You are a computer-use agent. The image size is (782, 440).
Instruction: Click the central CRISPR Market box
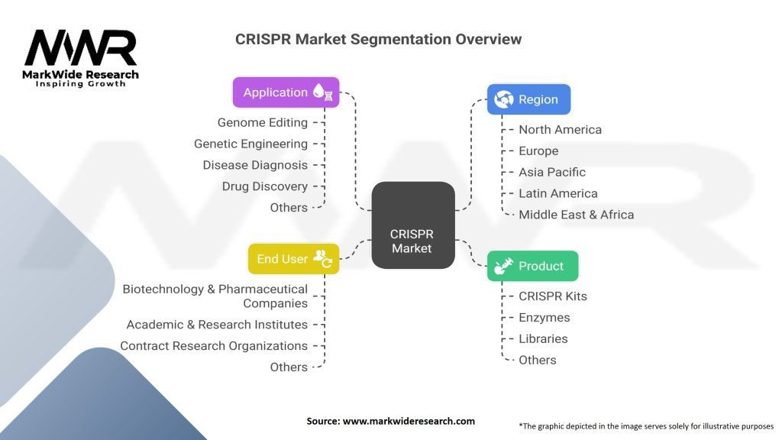pos(412,225)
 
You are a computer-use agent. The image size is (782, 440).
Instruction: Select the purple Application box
pos(286,92)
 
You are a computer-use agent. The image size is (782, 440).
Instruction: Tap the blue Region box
pos(528,99)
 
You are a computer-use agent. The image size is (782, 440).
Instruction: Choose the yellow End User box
pos(292,259)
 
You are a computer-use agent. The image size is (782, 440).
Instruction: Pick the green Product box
pos(532,266)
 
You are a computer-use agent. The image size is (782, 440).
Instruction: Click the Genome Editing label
pos(262,122)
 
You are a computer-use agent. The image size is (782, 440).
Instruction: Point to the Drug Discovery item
pos(264,186)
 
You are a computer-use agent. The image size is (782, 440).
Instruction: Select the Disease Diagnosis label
pos(255,165)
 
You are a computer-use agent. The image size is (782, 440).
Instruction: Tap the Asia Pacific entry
pos(551,172)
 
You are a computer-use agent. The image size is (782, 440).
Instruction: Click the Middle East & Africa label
pos(576,215)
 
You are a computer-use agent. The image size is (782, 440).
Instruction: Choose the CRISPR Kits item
pos(552,296)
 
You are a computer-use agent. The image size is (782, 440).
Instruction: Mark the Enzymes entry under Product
pos(544,317)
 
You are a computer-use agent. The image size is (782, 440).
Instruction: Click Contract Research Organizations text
pos(213,346)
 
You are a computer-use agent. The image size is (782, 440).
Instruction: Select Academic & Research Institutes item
pos(217,325)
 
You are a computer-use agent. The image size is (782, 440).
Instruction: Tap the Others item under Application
pos(289,208)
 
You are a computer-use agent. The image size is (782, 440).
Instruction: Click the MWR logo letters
pos(80,49)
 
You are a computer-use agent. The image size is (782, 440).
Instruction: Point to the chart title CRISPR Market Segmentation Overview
pos(378,39)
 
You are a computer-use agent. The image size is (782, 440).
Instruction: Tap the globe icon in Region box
pos(504,99)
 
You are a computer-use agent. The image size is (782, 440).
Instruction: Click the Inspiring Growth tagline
pos(80,83)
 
